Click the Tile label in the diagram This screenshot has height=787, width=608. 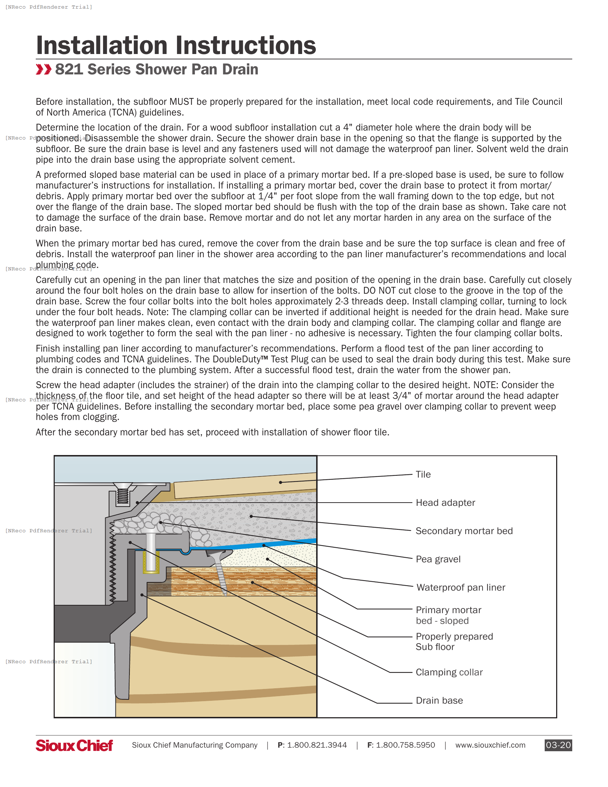423,475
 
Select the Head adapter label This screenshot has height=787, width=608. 445,503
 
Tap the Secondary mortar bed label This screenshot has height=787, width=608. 464,531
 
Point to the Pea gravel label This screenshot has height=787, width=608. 438,559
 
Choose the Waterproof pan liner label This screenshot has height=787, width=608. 461,587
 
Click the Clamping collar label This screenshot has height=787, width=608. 449,672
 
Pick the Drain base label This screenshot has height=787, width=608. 439,700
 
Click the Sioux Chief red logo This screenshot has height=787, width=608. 74,745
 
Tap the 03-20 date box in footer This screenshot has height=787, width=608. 558,745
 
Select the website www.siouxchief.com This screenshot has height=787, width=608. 490,745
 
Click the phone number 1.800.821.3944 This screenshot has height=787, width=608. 317,745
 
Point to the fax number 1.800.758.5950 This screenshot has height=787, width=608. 405,745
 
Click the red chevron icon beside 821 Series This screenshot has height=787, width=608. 44,69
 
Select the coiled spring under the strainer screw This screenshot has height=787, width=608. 123,495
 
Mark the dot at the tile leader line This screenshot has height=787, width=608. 280,482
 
